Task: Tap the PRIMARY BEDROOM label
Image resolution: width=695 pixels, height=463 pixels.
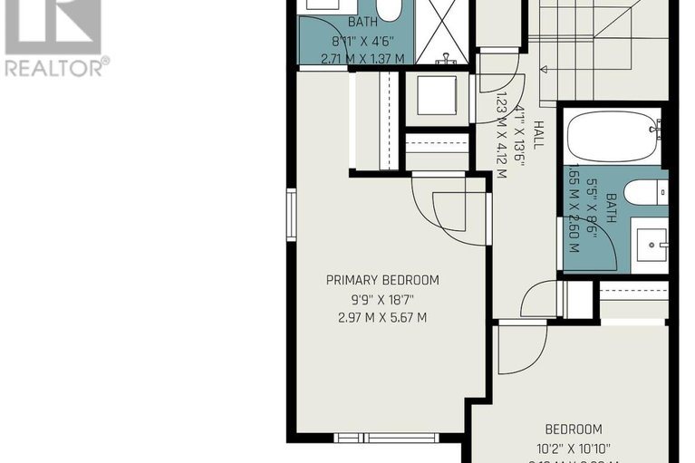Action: tap(382, 280)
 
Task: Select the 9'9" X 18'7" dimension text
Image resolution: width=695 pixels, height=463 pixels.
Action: tap(382, 298)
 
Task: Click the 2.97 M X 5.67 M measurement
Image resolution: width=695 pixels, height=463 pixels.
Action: tap(382, 317)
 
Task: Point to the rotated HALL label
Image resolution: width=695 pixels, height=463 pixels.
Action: tap(538, 135)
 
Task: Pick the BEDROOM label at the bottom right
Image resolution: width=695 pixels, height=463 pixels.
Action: tap(574, 429)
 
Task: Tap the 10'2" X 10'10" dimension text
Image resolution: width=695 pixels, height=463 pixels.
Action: tap(574, 447)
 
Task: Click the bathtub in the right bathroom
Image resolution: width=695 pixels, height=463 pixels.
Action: tap(613, 137)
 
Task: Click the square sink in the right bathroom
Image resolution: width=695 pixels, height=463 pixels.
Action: tap(652, 243)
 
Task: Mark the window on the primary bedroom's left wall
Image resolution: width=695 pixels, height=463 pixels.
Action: tap(292, 215)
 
